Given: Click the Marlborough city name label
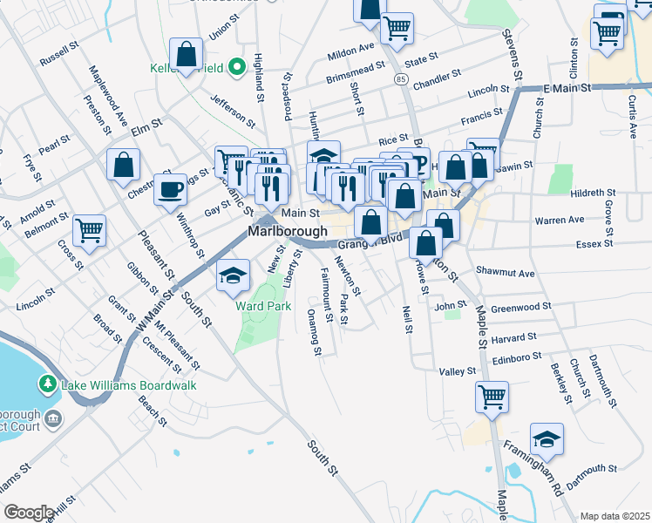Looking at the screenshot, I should (287, 232).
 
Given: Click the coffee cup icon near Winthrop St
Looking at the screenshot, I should (171, 189).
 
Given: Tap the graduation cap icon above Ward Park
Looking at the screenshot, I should (232, 275).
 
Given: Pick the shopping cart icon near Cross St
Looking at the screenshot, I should (89, 230).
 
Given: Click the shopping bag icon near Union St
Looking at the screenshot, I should (186, 54).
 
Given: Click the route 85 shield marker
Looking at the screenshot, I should (400, 79).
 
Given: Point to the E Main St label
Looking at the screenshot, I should (567, 89).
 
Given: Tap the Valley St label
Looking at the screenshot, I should (458, 371).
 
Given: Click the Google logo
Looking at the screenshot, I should (29, 513).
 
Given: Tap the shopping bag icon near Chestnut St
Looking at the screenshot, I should (124, 164).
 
